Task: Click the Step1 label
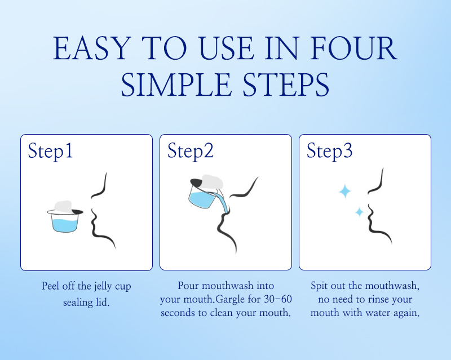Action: [50, 151]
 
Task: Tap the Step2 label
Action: [191, 151]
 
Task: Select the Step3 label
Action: [329, 151]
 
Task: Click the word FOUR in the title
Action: [353, 48]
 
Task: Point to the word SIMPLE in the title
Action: [176, 85]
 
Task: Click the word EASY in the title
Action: [91, 48]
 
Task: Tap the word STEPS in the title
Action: [286, 85]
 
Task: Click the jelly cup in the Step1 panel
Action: [65, 217]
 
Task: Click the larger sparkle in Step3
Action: [345, 191]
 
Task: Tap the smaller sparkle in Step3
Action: [359, 212]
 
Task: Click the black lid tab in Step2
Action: [196, 182]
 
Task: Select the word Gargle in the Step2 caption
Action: [230, 300]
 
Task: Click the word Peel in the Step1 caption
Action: [51, 286]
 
